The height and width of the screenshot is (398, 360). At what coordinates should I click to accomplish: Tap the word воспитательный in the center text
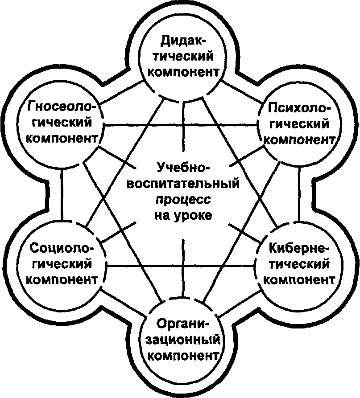(x=183, y=183)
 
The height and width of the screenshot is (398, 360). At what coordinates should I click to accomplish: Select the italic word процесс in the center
(x=182, y=199)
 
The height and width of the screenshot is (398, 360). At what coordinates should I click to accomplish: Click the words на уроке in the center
(x=182, y=215)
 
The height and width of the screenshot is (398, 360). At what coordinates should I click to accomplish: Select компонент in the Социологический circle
(x=62, y=279)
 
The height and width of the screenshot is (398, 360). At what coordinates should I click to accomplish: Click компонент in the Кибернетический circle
(x=300, y=279)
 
